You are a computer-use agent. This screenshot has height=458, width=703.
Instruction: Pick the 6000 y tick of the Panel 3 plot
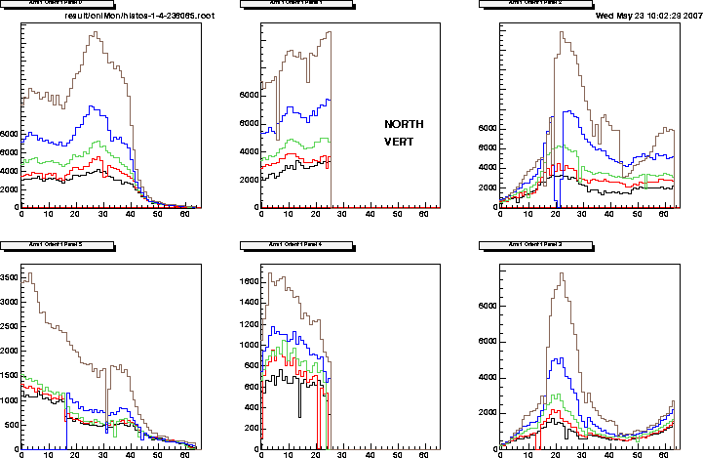coord(488,305)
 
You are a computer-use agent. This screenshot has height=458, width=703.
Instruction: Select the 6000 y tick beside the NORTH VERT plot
coord(248,95)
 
